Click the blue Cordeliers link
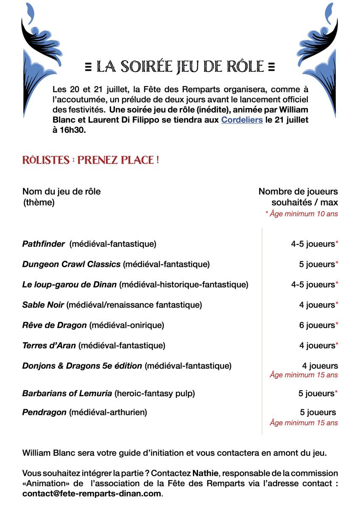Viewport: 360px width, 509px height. [242, 120]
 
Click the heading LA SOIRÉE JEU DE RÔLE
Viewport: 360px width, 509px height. [180, 67]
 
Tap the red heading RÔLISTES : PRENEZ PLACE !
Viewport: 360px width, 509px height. [91, 160]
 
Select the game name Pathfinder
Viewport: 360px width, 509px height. [43, 244]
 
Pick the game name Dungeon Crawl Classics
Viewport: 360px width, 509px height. [71, 264]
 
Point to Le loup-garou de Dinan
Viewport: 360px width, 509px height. [69, 284]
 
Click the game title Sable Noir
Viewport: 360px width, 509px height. [43, 305]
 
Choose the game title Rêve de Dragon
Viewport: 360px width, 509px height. [54, 325]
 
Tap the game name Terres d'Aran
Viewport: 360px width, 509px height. [49, 345]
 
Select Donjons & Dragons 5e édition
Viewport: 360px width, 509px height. [82, 366]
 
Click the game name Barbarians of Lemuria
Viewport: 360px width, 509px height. [67, 393]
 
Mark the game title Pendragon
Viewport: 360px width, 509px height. [44, 412]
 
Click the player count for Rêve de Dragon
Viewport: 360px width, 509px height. [317, 325]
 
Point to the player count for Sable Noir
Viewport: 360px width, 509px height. [317, 305]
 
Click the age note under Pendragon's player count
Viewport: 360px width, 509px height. [304, 422]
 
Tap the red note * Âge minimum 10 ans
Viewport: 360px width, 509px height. [301, 214]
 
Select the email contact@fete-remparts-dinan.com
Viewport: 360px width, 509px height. [92, 494]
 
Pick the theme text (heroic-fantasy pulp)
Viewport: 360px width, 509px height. [155, 393]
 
